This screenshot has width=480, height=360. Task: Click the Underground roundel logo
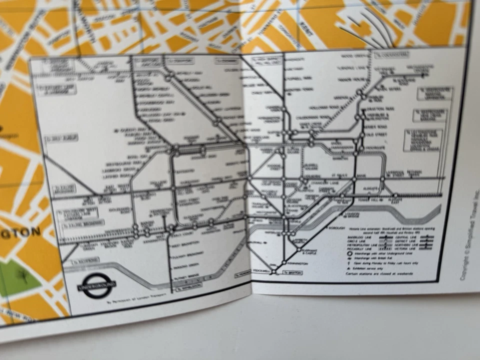tap(97, 286)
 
